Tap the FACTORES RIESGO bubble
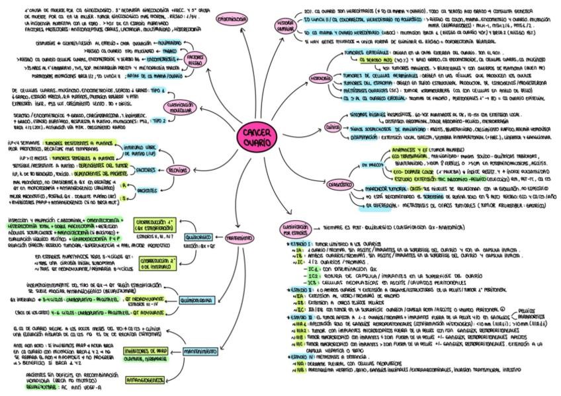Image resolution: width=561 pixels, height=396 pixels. coord(196,59)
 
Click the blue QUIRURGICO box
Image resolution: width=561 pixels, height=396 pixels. coord(198,236)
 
